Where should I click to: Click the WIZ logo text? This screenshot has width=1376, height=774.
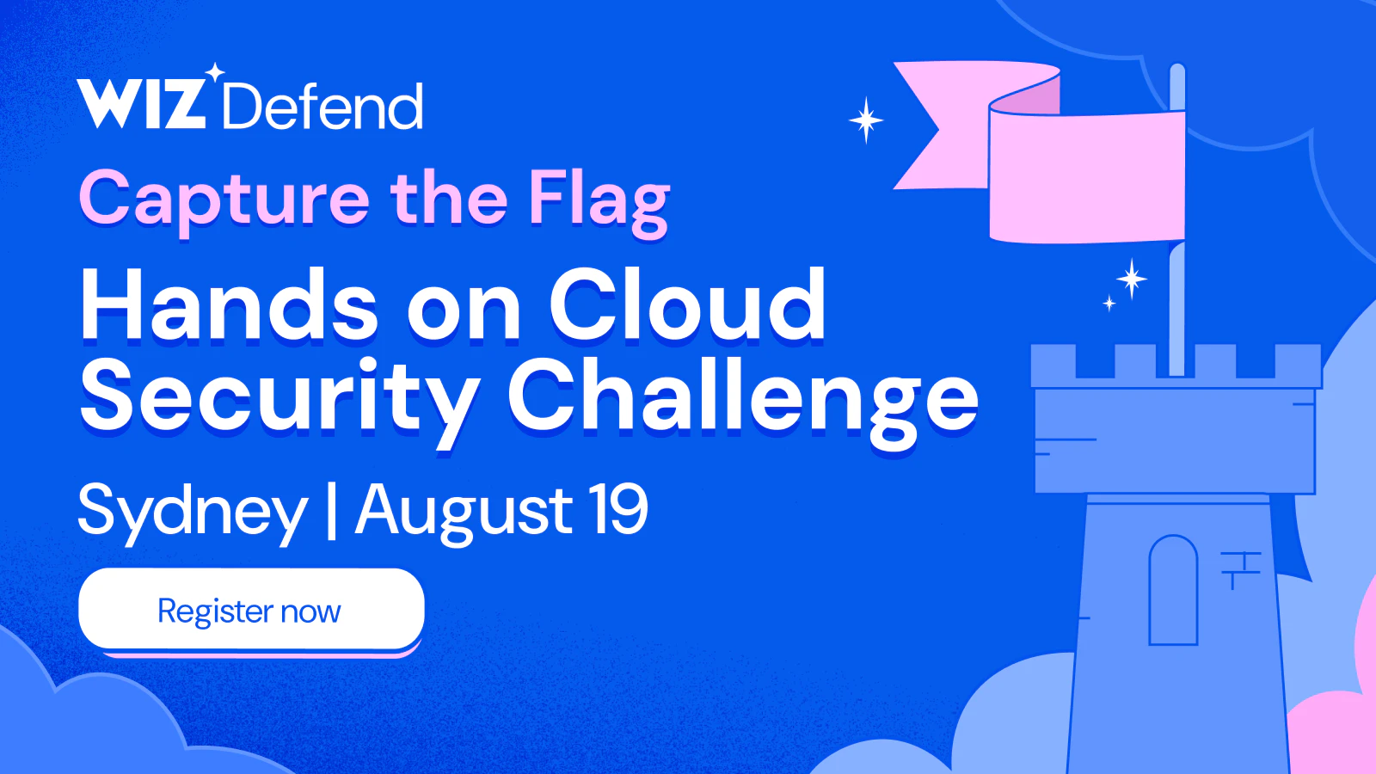click(x=141, y=104)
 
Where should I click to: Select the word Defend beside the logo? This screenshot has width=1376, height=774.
click(x=322, y=107)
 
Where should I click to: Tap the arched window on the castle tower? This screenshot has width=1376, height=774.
click(x=1173, y=590)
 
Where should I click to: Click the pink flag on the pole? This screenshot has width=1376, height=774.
click(x=1044, y=154)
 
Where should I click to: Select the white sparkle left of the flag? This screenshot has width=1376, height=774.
click(x=866, y=120)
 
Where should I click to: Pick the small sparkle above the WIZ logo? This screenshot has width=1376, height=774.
click(x=214, y=72)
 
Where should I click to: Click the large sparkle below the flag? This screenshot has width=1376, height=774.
click(x=1131, y=279)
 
